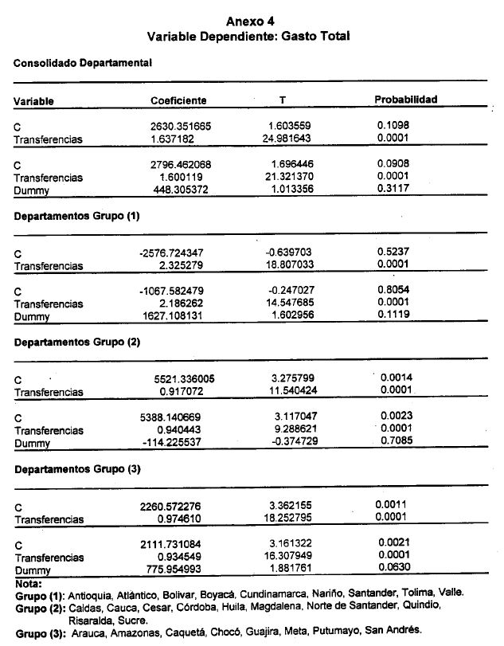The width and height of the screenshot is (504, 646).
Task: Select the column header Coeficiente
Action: (178, 100)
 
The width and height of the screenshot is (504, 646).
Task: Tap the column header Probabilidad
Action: (406, 100)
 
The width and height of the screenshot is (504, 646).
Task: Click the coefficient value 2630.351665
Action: (182, 126)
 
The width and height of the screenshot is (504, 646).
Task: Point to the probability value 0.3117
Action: (394, 190)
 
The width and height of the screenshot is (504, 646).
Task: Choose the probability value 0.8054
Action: (393, 291)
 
